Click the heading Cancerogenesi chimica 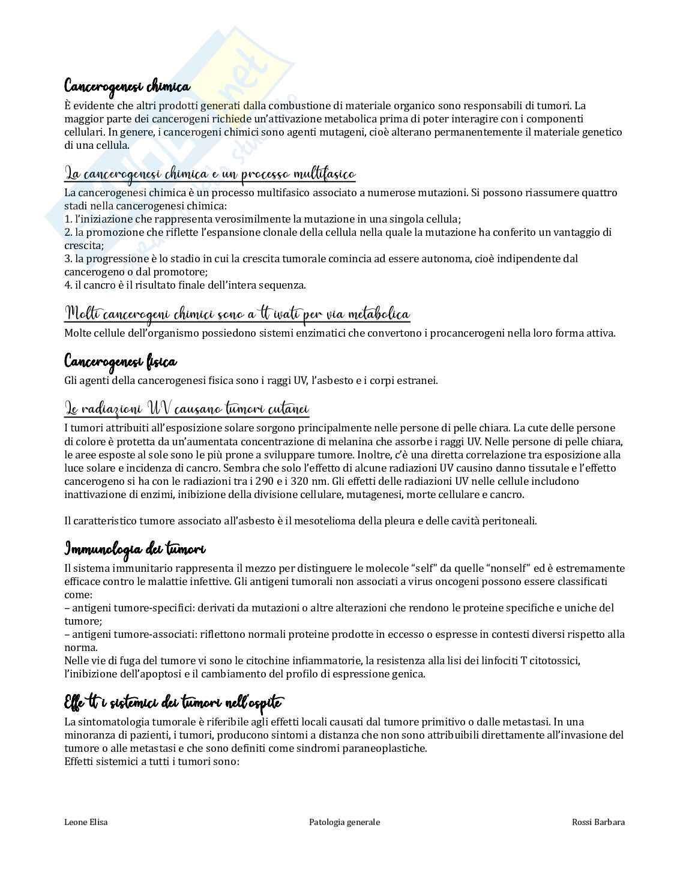click(127, 86)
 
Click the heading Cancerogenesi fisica click(120, 362)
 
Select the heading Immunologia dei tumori click(134, 549)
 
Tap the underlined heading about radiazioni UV click(186, 409)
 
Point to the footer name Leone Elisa click(86, 822)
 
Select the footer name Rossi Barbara click(598, 822)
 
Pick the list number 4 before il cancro click(67, 285)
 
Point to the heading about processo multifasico click(210, 175)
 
